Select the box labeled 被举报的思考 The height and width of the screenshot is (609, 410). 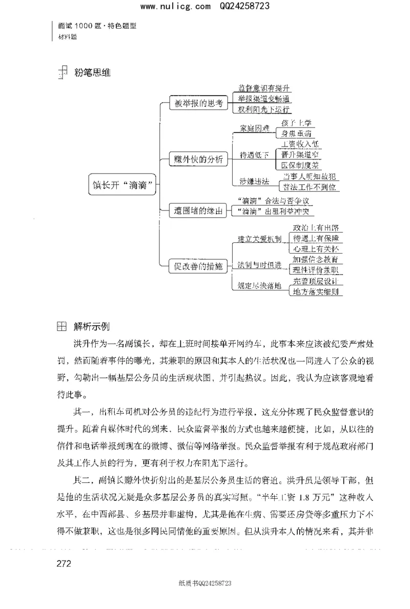pos(198,103)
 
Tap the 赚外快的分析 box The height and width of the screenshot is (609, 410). pos(198,159)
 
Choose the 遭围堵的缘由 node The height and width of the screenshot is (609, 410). pos(198,210)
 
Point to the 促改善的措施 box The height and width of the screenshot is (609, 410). pos(198,265)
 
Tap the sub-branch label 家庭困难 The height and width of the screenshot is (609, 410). pos(255,128)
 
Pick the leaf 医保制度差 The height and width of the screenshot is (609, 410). pos(300,165)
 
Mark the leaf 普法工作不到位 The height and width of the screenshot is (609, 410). pos(311,187)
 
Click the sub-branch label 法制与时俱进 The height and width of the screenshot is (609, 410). pos(259,265)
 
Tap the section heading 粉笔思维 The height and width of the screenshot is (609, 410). pos(92,73)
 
